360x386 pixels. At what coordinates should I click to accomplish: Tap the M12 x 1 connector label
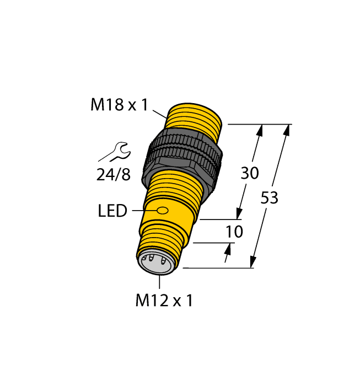pyautogui.click(x=164, y=301)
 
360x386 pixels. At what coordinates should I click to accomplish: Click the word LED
pyautogui.click(x=112, y=211)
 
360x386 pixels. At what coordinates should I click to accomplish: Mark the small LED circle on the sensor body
pyautogui.click(x=163, y=210)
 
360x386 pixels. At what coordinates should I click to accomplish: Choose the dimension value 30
pyautogui.click(x=250, y=173)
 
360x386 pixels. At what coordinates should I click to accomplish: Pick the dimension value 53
pyautogui.click(x=269, y=199)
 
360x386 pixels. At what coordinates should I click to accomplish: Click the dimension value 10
pyautogui.click(x=234, y=232)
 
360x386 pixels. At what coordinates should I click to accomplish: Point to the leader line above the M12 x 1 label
pyautogui.click(x=159, y=282)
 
